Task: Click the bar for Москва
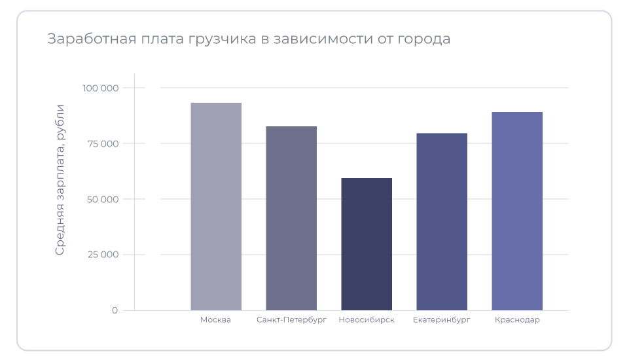click(216, 206)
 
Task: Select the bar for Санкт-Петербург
click(291, 218)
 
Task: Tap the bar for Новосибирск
click(367, 243)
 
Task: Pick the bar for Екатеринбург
click(442, 221)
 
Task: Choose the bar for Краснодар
click(517, 211)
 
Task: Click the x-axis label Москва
click(216, 320)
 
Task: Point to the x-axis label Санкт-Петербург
click(291, 320)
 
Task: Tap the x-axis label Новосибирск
click(367, 320)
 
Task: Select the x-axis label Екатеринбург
click(442, 320)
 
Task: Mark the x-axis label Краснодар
click(517, 320)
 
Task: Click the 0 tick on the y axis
click(115, 310)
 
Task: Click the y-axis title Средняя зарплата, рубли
click(60, 179)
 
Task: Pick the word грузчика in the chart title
click(221, 39)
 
